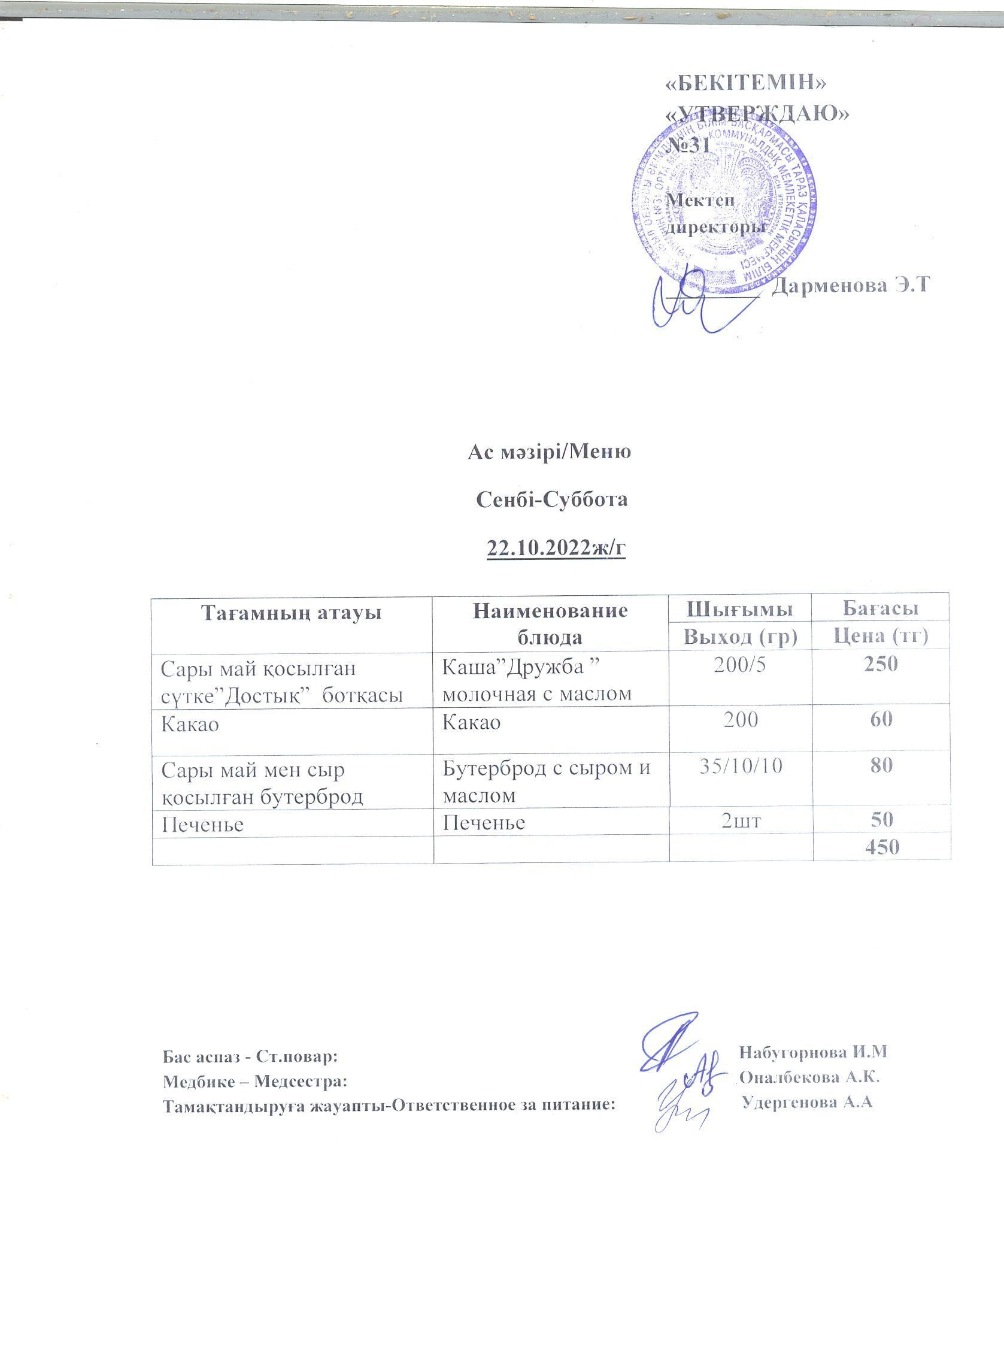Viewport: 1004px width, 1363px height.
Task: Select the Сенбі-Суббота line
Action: coord(550,499)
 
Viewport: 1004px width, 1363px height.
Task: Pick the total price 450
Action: coord(881,847)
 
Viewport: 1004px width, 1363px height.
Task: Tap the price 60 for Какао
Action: coord(881,720)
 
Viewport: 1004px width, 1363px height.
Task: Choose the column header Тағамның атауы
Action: coord(292,612)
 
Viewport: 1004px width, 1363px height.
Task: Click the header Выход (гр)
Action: coord(740,636)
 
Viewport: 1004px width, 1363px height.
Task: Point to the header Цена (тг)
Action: coord(881,636)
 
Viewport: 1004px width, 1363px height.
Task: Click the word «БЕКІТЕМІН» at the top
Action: coord(748,83)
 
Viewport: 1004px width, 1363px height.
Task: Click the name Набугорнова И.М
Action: coord(814,1051)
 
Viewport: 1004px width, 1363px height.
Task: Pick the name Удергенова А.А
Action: coord(808,1102)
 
